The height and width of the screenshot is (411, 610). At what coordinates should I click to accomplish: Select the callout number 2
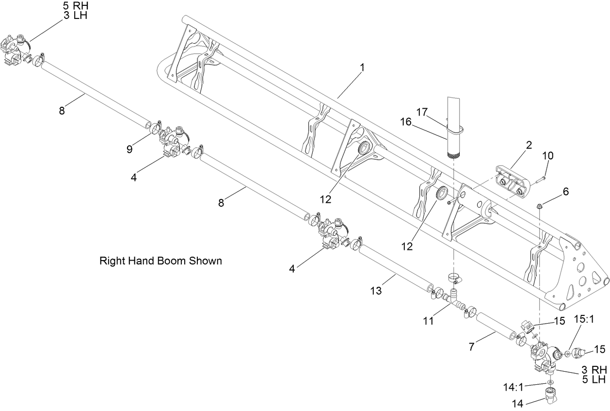529,145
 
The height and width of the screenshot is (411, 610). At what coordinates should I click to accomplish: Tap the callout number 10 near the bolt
547,156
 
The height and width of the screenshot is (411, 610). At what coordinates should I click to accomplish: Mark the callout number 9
129,149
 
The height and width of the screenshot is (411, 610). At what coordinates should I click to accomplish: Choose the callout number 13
376,291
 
